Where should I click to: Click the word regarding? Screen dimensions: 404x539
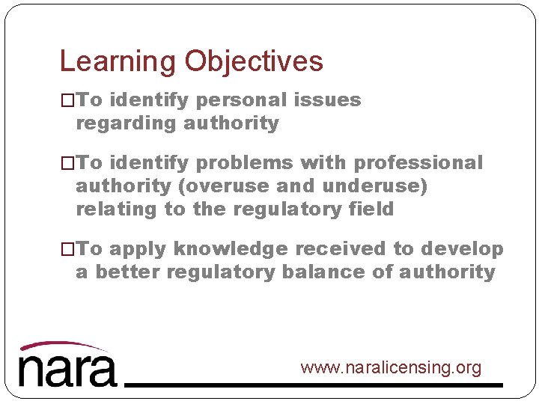pos(121,123)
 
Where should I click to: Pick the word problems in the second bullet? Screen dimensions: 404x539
pos(248,163)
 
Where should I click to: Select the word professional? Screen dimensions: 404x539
pos(418,163)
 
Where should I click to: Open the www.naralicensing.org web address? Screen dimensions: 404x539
pos(391,368)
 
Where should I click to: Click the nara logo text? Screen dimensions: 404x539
pos(67,370)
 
